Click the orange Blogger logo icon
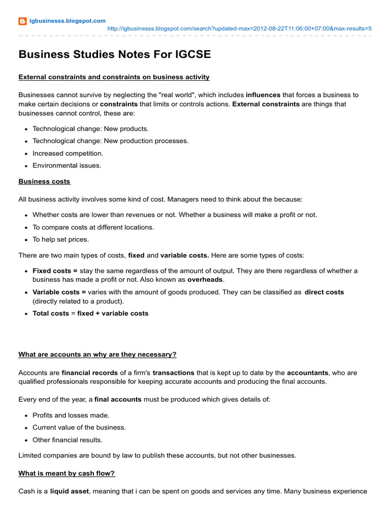click(x=22, y=21)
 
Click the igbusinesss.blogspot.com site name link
click(x=68, y=21)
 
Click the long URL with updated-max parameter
click(x=240, y=28)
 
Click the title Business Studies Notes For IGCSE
click(x=115, y=54)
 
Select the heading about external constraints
click(x=114, y=77)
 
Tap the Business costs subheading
click(x=44, y=181)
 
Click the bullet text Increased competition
click(x=68, y=153)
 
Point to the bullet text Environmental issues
click(x=67, y=166)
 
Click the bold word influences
click(x=263, y=95)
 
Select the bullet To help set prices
click(x=60, y=240)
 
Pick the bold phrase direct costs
click(x=324, y=292)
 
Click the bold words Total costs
click(x=51, y=314)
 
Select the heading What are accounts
click(x=97, y=354)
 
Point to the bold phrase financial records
click(x=90, y=373)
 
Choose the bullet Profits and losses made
click(x=71, y=415)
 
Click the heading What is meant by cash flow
click(x=67, y=473)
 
